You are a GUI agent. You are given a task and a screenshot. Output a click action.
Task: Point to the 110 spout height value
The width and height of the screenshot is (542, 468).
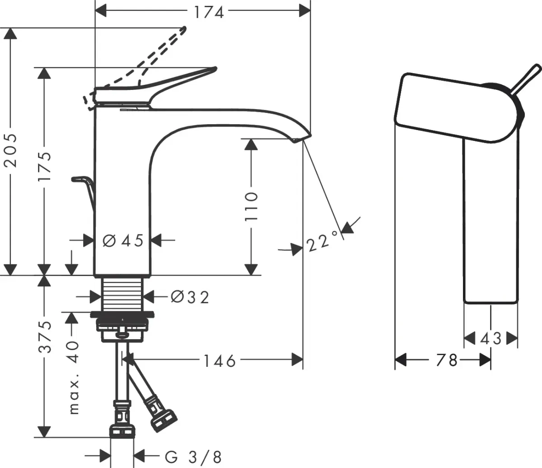pos(251,206)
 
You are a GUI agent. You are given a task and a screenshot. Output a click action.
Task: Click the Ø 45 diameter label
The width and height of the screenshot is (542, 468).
pos(123,240)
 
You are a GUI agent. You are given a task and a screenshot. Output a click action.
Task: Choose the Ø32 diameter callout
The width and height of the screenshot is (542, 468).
pos(190,297)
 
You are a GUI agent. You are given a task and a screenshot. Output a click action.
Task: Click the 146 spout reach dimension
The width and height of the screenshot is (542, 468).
pos(219,360)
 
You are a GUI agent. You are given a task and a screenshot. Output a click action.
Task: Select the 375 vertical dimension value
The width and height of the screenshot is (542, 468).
pos(45,337)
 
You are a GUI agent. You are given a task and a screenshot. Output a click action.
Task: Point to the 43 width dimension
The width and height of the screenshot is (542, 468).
pos(491,338)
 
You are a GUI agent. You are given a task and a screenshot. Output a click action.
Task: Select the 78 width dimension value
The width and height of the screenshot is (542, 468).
pos(447,360)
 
